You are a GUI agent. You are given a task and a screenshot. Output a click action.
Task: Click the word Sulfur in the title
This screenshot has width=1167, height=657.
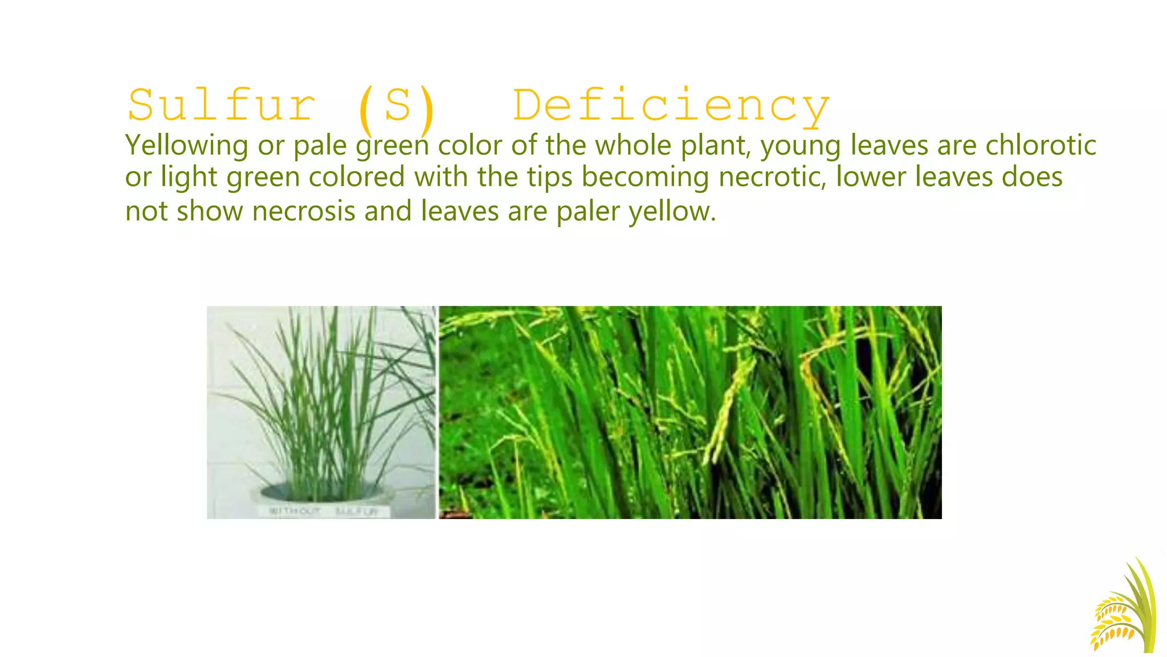click(221, 106)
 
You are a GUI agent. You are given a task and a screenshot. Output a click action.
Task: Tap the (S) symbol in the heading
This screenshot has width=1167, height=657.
click(397, 107)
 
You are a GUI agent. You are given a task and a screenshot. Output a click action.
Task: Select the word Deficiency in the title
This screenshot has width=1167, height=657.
click(671, 107)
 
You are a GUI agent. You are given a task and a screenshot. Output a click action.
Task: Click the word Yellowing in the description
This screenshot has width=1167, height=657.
click(186, 145)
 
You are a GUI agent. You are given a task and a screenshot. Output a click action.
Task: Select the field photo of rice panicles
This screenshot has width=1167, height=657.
click(689, 412)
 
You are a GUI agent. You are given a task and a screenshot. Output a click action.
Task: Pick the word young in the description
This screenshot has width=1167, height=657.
click(801, 146)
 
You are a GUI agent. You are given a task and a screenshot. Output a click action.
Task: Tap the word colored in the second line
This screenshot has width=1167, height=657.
click(357, 177)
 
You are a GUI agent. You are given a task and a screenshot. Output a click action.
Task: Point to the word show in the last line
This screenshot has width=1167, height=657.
click(209, 211)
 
